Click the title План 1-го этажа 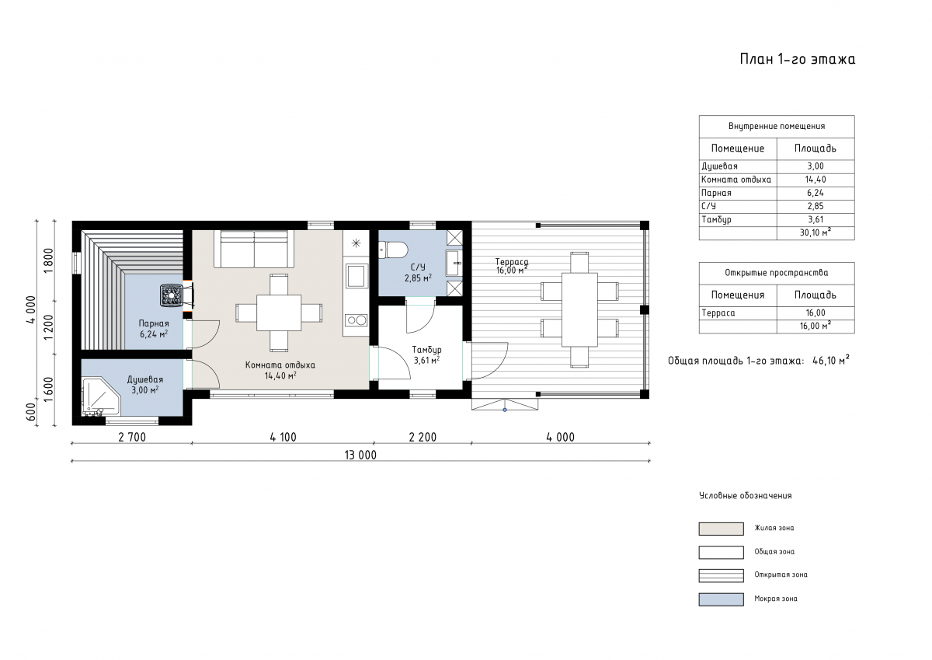point(798,59)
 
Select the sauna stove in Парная point(171,295)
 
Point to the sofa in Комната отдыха point(254,249)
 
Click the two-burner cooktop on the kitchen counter point(356,320)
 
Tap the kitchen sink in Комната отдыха point(356,275)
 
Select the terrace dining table point(579,310)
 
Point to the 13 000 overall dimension point(360,455)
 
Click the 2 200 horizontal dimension point(423,437)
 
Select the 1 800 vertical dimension point(48,260)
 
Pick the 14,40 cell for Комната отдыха point(815,180)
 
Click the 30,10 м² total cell point(815,232)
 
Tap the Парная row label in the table point(716,194)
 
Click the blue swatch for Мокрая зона point(721,599)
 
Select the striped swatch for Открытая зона point(721,575)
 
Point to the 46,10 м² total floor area point(831,360)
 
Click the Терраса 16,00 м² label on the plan point(512,266)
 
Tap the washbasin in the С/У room point(454,264)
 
